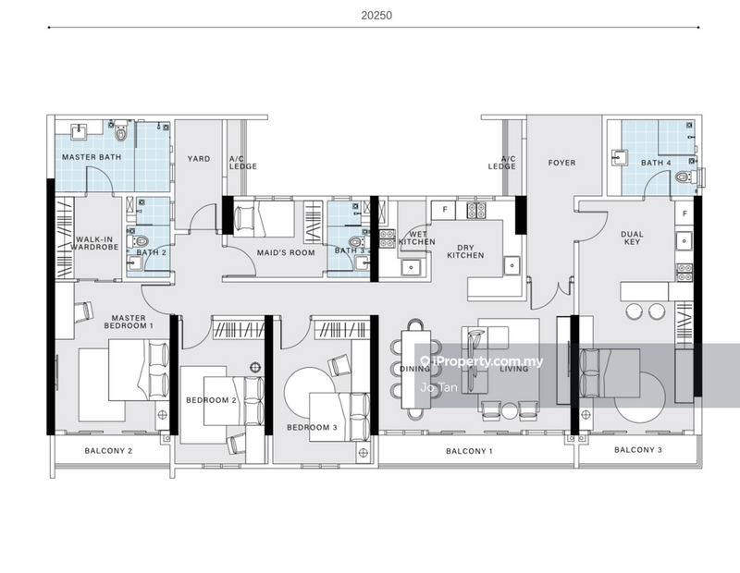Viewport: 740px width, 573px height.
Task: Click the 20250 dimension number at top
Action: tap(370, 15)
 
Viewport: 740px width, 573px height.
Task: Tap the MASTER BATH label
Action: tap(86, 158)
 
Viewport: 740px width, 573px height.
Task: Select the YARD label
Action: tap(199, 159)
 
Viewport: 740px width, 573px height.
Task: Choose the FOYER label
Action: tap(561, 164)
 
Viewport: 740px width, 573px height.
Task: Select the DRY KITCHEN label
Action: tap(465, 250)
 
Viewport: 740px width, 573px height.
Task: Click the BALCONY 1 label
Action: tap(469, 451)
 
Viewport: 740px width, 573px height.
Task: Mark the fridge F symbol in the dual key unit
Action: tap(685, 214)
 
